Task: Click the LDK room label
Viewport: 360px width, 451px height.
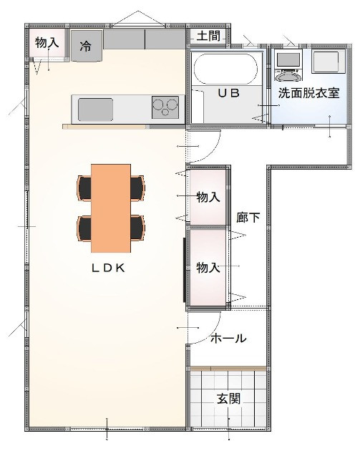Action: point(108,268)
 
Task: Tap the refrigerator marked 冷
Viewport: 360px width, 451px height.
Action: point(87,46)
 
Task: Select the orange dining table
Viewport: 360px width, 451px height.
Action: point(111,208)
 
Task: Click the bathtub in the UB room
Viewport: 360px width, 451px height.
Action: point(225,69)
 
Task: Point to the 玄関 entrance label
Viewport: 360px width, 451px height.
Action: point(228,399)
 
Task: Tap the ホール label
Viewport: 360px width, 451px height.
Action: point(228,338)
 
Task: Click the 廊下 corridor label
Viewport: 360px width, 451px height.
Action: point(248,218)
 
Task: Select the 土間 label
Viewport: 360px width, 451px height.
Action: point(208,37)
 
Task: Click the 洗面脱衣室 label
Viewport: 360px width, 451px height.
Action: point(308,93)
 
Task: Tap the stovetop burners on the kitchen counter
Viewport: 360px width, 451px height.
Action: point(165,107)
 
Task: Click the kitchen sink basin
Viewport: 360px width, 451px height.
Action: point(95,110)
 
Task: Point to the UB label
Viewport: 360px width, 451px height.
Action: point(228,93)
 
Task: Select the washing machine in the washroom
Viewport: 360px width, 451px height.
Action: point(288,66)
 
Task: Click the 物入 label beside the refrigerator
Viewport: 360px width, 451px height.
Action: point(47,43)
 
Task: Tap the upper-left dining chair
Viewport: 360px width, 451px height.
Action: point(84,188)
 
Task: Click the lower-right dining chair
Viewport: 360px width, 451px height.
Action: point(137,228)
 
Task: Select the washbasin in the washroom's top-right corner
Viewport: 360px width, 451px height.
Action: point(329,62)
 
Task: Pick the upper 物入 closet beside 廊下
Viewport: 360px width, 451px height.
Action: point(208,197)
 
